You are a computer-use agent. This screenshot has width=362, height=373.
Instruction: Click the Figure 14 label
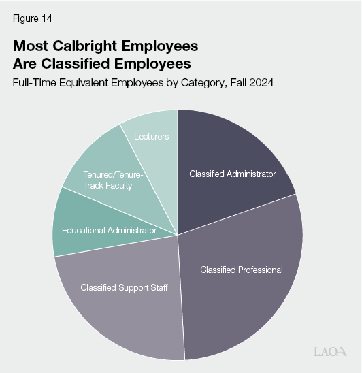pos(32,18)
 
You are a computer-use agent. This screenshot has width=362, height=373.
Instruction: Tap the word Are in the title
pos(26,64)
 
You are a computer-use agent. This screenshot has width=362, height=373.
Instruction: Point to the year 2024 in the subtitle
pos(260,82)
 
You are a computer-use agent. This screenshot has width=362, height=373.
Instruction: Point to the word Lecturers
pos(152,137)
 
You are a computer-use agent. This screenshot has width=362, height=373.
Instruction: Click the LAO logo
pos(329,351)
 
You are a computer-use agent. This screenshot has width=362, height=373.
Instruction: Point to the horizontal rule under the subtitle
pos(176,99)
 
